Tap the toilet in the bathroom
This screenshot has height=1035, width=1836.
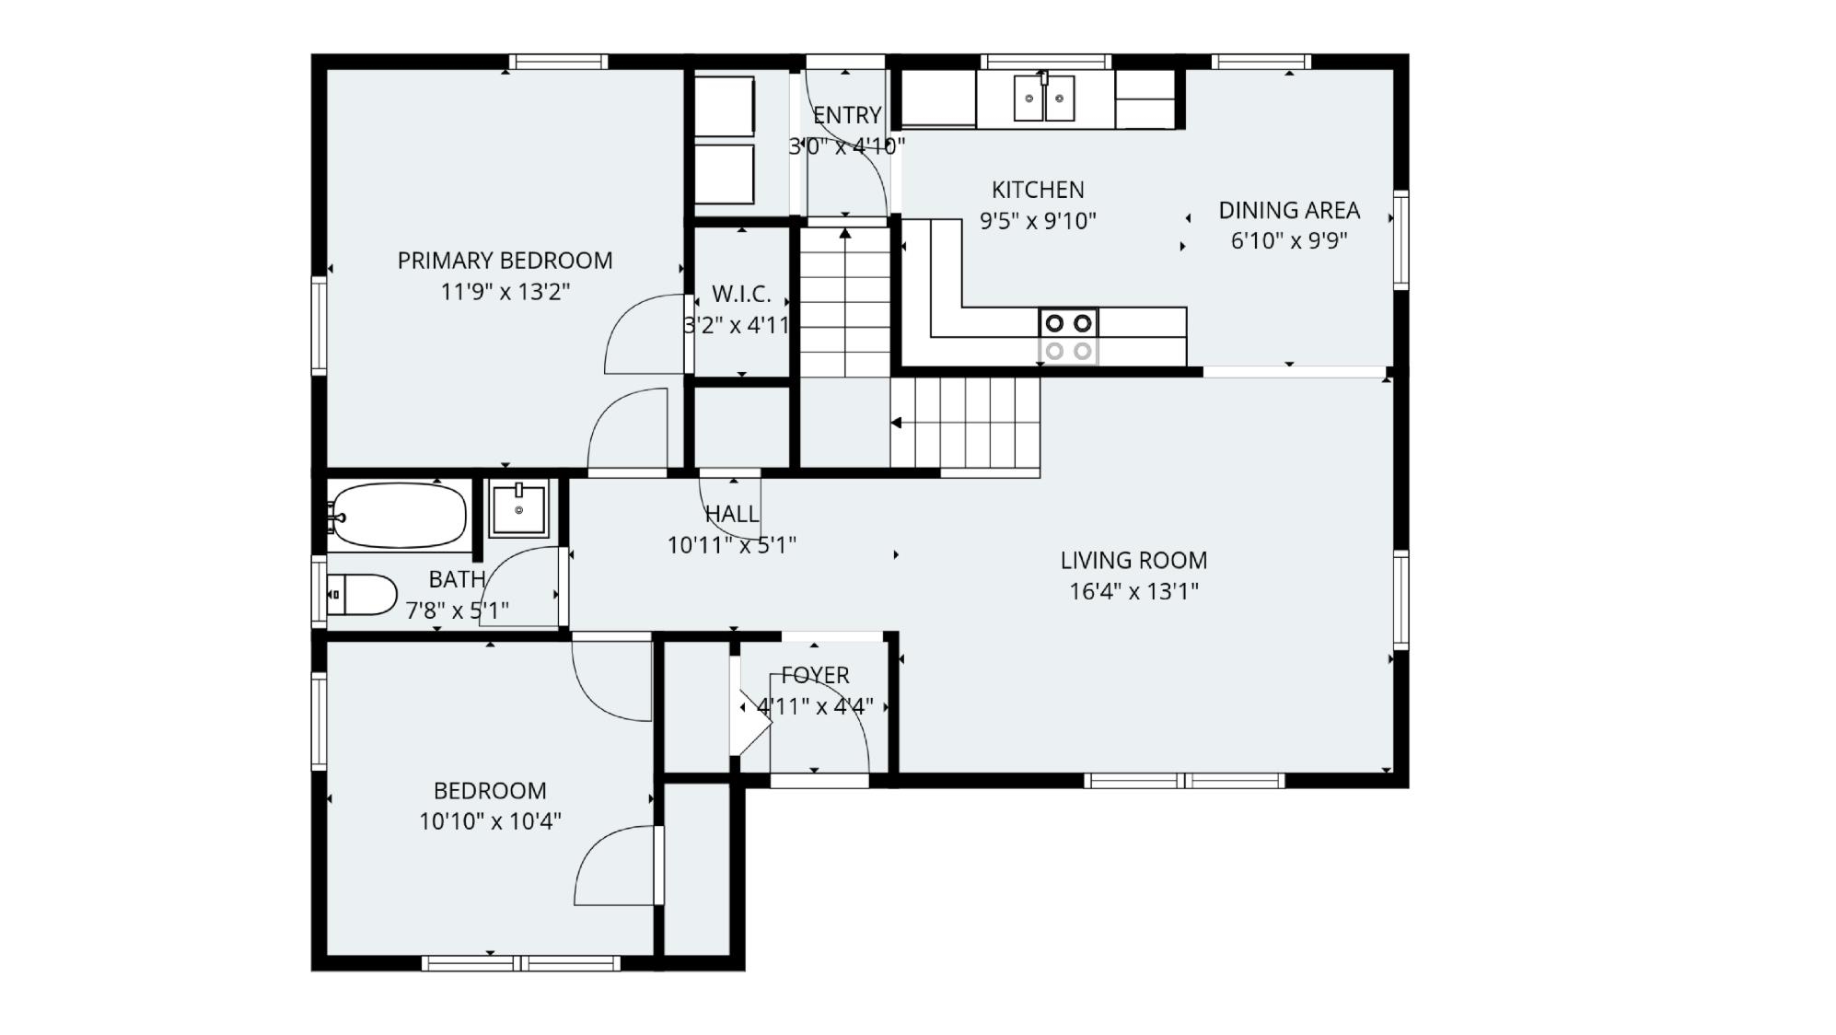click(x=363, y=595)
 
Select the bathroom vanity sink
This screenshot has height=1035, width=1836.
click(x=518, y=508)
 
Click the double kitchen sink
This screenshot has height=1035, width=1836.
click(x=1044, y=99)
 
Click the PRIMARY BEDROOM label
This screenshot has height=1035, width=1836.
click(x=505, y=261)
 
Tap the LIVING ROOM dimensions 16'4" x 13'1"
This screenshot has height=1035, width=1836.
click(x=1133, y=591)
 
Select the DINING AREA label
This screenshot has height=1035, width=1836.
click(x=1289, y=211)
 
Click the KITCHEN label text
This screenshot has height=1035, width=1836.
click(x=1038, y=190)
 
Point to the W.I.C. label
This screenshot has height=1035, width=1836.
click(x=741, y=295)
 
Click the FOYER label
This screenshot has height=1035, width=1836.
click(x=816, y=676)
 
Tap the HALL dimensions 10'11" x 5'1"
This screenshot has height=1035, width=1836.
click(x=731, y=545)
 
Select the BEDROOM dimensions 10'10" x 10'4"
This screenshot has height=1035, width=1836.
click(x=490, y=821)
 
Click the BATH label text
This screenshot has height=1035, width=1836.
click(x=457, y=579)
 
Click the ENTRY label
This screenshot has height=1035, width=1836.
click(x=847, y=116)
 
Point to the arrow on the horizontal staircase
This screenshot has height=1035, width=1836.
click(x=896, y=423)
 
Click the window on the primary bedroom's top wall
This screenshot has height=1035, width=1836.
click(x=558, y=62)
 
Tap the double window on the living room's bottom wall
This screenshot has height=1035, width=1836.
click(x=1183, y=781)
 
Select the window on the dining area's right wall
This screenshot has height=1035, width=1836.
click(x=1400, y=239)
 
